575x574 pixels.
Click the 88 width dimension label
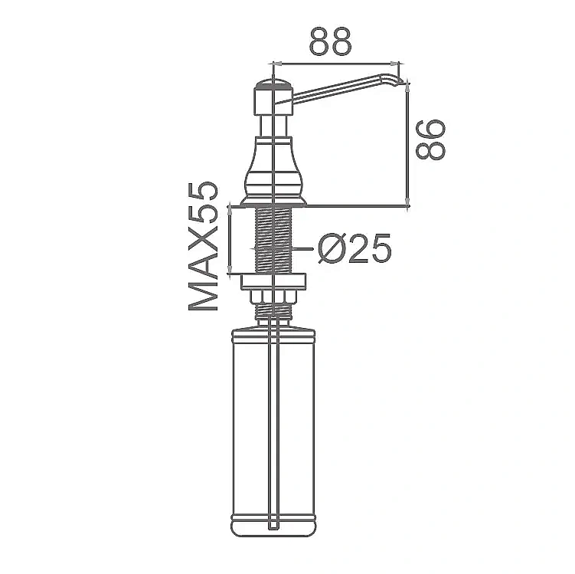(330, 41)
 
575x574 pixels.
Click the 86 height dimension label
(431, 139)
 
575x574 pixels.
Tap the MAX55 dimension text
(203, 246)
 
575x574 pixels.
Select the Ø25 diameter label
(355, 248)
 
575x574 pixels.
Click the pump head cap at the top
(273, 97)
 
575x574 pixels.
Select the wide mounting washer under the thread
(273, 282)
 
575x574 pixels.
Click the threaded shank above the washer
(273, 241)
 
